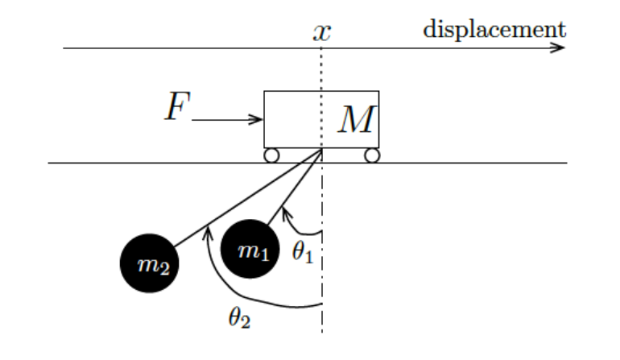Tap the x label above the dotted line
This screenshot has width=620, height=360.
[322, 32]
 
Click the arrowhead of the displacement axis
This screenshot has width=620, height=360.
[560, 48]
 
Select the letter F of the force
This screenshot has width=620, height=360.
[176, 107]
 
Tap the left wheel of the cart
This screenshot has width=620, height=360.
[271, 155]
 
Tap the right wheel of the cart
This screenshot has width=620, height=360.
[371, 155]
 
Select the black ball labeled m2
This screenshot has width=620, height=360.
[149, 264]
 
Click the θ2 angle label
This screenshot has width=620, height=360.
[239, 317]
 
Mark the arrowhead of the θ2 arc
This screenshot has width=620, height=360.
[209, 231]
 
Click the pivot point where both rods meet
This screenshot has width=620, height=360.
[322, 149]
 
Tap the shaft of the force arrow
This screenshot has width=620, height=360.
[225, 121]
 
